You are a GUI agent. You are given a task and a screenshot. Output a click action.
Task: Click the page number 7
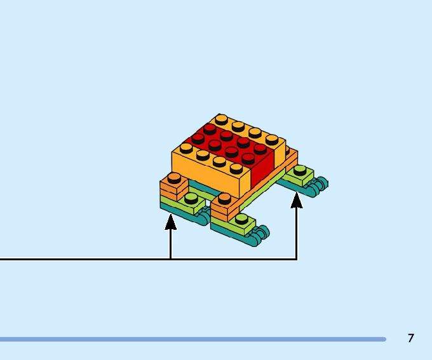point(411,338)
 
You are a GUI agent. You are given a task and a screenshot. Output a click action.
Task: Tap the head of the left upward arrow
point(170,222)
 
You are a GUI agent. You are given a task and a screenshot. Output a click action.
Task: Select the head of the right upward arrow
point(296,201)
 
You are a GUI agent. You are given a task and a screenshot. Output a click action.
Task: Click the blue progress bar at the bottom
point(191,340)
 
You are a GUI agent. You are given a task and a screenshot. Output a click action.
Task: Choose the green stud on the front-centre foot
point(241,219)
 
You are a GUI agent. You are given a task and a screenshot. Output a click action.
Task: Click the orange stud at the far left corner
point(173,178)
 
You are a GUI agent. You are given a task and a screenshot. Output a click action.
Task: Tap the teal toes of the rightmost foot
point(318,185)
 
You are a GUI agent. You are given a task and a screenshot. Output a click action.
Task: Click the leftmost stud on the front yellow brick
point(187,147)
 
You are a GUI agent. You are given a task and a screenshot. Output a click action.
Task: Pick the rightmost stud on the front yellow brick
point(236,168)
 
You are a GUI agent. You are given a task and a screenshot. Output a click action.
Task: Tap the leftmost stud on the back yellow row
point(221,119)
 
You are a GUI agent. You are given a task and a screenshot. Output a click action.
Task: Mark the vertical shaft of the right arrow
point(296,235)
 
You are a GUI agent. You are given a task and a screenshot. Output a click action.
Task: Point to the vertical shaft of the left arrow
point(170,244)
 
